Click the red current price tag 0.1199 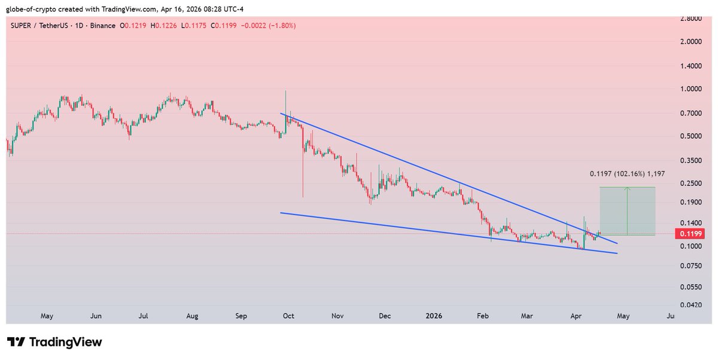(686, 234)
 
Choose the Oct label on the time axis (287, 315)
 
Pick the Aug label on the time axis (192, 315)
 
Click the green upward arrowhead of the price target (627, 190)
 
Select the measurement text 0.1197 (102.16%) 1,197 (627, 173)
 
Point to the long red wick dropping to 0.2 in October (303, 179)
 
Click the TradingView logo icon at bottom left (17, 343)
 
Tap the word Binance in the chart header (106, 26)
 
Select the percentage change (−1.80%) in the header (277, 26)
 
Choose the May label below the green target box (623, 315)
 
